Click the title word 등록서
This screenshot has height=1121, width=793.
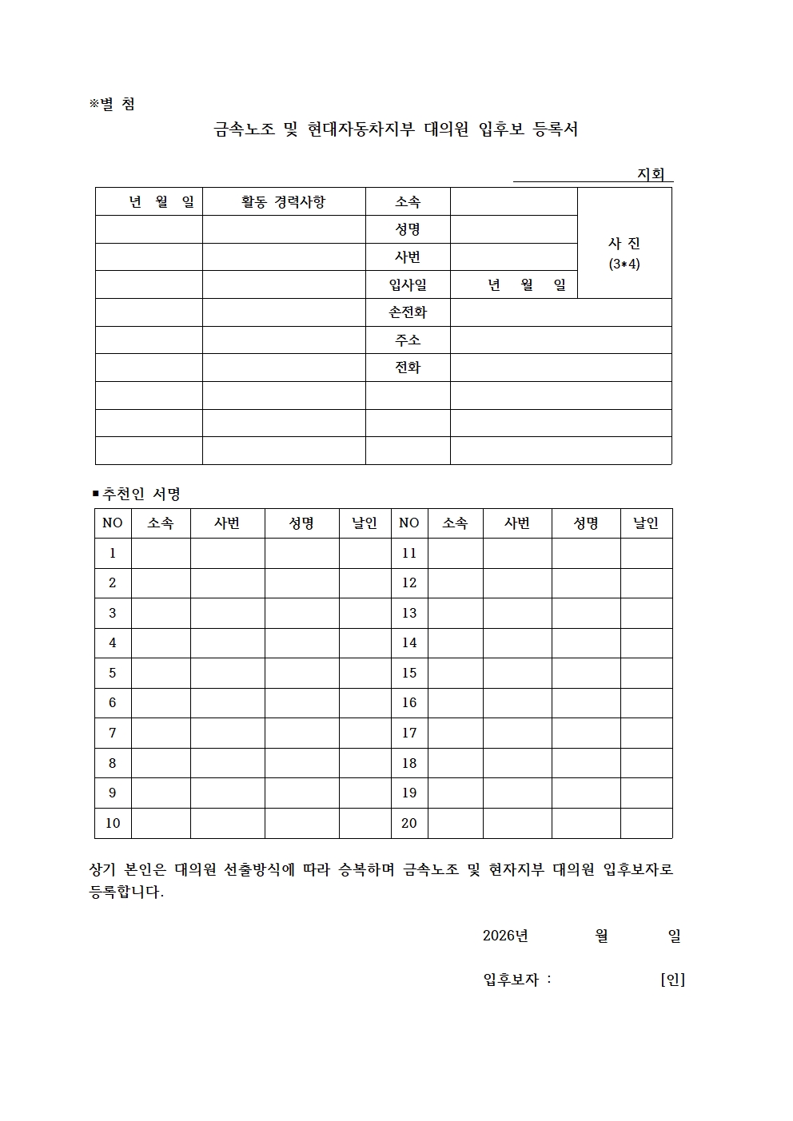(x=555, y=129)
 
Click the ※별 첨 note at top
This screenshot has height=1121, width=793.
(x=112, y=104)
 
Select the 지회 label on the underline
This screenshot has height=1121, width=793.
(x=651, y=174)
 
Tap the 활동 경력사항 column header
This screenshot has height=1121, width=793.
(x=284, y=201)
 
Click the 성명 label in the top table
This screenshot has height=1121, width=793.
(x=408, y=229)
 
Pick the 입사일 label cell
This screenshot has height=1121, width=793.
(x=408, y=284)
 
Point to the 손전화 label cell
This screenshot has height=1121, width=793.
(x=408, y=312)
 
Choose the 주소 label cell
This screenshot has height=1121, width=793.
(x=408, y=340)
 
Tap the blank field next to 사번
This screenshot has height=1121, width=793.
(x=513, y=257)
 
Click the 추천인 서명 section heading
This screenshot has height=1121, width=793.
(x=137, y=494)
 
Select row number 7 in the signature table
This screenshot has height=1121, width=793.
(x=113, y=733)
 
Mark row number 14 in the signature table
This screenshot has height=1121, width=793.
(x=409, y=642)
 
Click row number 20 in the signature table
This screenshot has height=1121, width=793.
(x=409, y=823)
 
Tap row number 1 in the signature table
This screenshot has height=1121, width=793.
(x=113, y=553)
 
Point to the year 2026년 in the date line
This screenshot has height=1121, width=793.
(x=505, y=936)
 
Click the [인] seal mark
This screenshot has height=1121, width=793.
(x=672, y=979)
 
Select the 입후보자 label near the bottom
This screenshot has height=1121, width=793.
(x=511, y=979)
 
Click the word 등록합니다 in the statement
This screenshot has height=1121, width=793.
(x=126, y=892)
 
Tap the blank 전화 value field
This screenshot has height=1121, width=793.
(x=560, y=368)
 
